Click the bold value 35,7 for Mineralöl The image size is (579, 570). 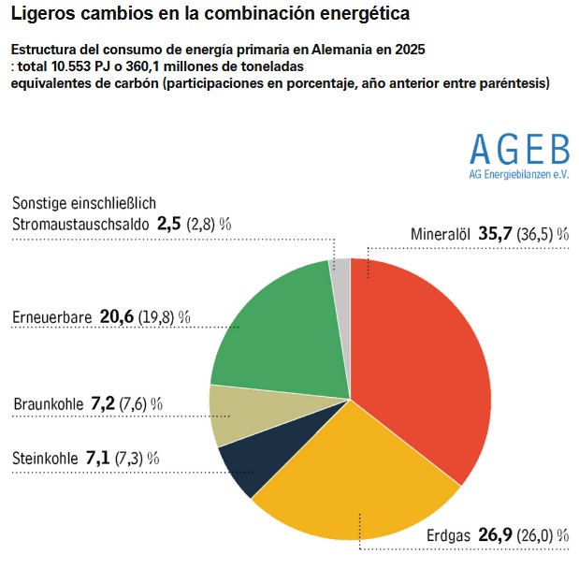coord(497,234)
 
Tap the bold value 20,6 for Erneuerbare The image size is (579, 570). coord(117,317)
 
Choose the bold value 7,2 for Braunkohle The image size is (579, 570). coord(103,404)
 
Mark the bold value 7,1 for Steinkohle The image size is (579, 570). coord(98,459)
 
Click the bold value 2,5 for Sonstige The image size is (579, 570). coord(168,224)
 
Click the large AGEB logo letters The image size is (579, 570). coord(519,149)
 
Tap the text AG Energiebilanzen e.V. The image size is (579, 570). coord(519,173)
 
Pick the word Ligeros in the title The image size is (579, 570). coord(42,15)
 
